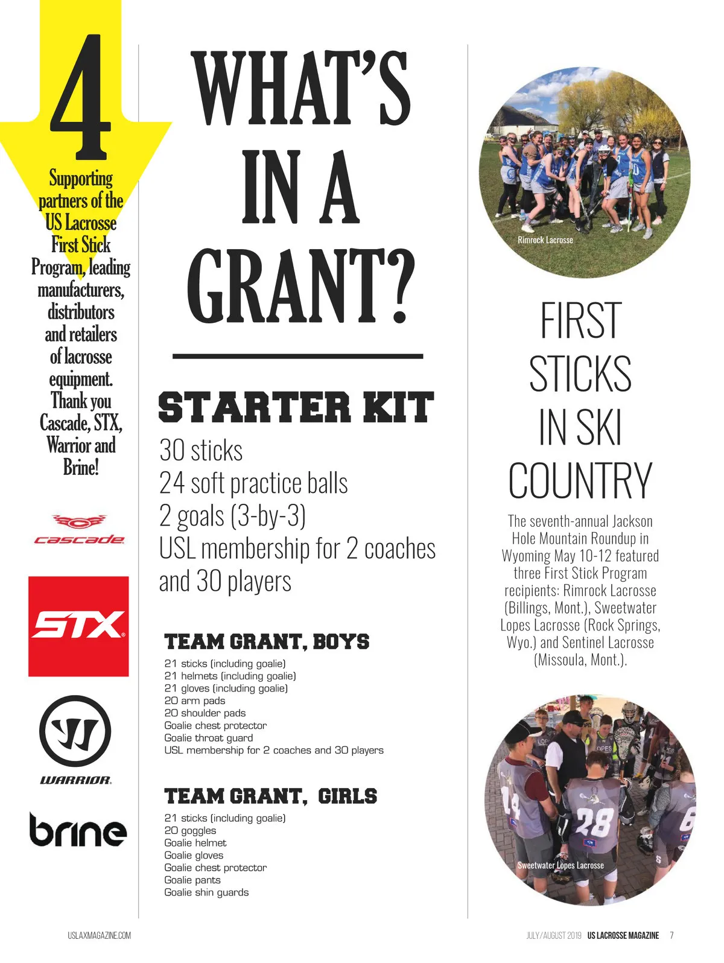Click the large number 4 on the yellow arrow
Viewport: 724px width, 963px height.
pos(82,97)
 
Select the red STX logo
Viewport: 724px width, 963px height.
pos(78,626)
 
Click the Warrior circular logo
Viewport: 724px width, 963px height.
pos(75,731)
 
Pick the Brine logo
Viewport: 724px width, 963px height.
pos(78,830)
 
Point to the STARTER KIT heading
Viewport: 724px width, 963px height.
pos(296,407)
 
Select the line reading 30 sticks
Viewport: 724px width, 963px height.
pos(201,451)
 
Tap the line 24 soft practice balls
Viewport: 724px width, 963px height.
pos(253,483)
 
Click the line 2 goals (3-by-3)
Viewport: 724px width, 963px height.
pos(232,516)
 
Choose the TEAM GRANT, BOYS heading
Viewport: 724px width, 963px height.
pos(267,641)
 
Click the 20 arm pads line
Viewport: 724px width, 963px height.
pos(194,701)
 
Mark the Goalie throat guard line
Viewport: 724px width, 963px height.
pos(208,738)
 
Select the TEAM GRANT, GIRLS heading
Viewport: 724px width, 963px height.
pos(270,796)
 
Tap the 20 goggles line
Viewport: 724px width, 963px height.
pos(190,830)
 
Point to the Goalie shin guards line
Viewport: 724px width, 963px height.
pos(206,892)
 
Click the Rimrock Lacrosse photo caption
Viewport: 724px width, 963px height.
pos(545,240)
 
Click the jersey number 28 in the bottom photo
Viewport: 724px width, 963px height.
pos(594,821)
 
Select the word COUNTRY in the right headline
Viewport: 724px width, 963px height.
pos(580,481)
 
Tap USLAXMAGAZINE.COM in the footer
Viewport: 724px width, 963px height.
pos(99,935)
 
